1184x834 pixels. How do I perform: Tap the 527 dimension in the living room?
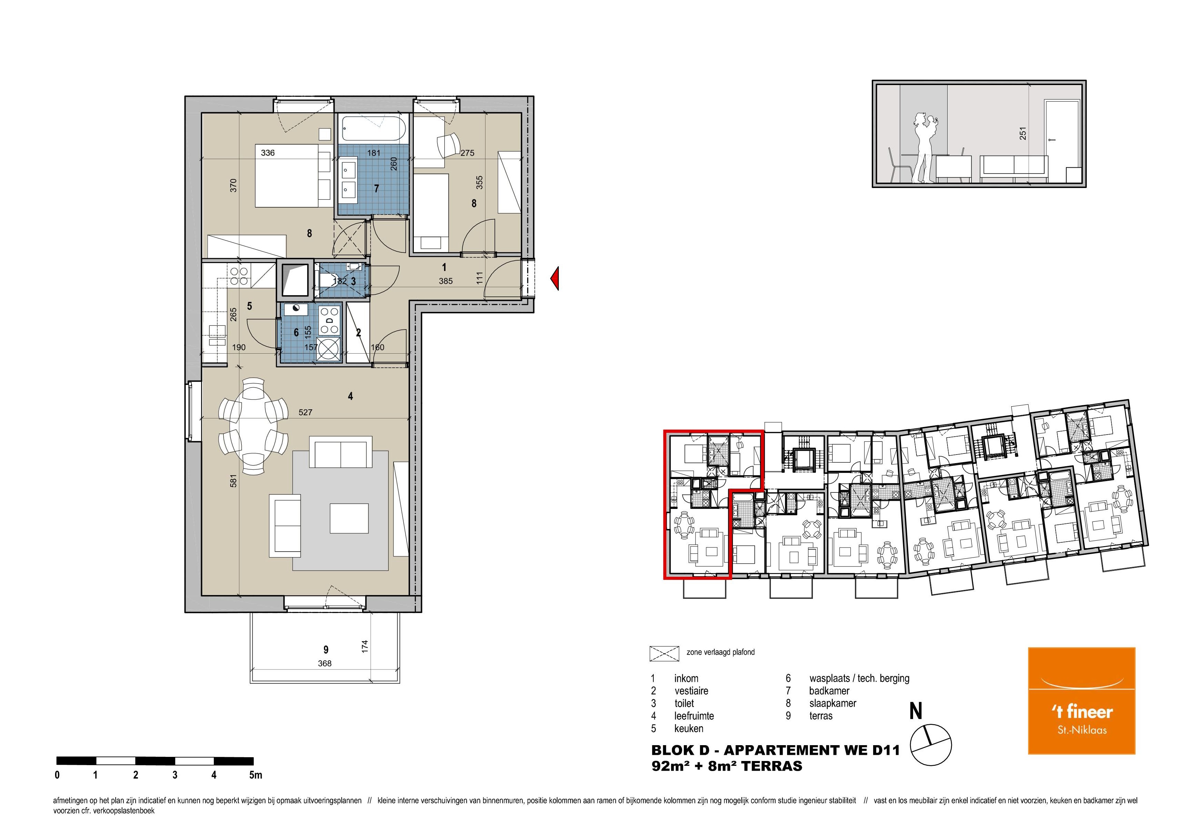point(305,413)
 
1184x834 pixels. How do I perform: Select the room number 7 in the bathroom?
point(376,189)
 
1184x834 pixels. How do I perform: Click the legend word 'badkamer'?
point(829,691)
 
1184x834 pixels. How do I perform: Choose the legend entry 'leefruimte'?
point(694,716)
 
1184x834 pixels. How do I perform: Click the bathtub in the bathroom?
point(373,128)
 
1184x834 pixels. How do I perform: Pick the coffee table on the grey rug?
point(349,518)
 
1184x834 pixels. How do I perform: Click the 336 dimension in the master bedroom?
point(268,153)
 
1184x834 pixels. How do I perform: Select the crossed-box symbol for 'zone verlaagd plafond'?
point(664,654)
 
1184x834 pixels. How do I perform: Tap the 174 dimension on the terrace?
point(365,646)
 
